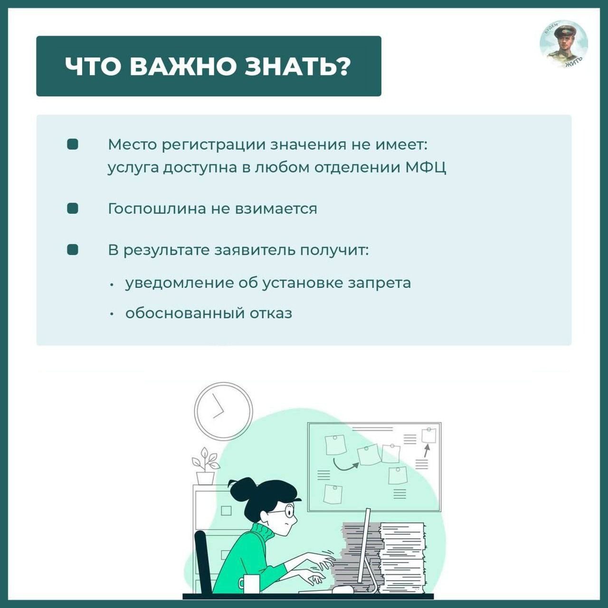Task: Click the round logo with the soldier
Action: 564,44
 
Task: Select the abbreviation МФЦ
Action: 426,168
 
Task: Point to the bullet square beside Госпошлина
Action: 73,209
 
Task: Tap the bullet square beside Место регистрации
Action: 73,144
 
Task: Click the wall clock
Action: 223,411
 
